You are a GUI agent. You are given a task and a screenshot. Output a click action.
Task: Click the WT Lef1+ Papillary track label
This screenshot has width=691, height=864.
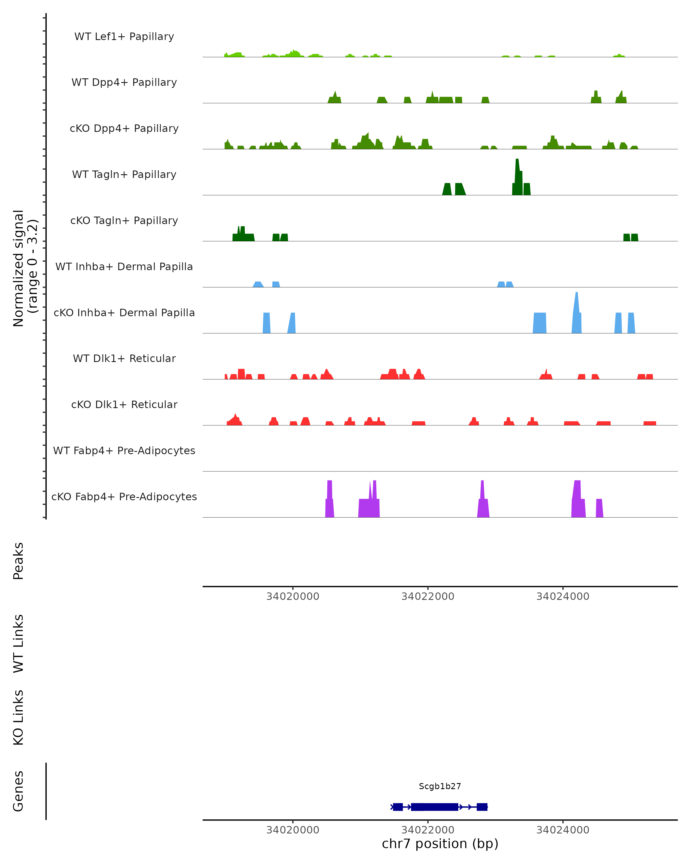(124, 37)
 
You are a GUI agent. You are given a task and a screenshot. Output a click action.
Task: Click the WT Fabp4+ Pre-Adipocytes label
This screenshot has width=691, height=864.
(124, 450)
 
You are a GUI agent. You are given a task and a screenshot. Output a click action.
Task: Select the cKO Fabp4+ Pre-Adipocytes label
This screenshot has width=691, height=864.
(124, 497)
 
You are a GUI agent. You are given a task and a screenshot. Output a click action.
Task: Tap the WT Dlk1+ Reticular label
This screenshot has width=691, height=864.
(124, 358)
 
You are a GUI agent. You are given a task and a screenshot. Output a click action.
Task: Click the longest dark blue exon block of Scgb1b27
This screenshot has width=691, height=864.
(435, 807)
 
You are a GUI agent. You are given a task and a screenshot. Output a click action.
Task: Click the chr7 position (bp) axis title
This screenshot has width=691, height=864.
(440, 844)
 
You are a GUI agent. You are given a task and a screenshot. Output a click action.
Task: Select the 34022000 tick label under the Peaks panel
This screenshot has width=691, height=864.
(428, 596)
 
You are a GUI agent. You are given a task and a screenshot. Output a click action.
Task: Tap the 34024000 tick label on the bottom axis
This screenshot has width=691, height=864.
(563, 830)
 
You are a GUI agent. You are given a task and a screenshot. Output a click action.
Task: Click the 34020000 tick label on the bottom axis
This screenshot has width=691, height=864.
(293, 830)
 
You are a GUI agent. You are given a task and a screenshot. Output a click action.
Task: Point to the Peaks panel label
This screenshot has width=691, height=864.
(18, 561)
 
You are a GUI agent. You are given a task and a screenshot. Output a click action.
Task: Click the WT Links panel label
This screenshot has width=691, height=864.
(18, 643)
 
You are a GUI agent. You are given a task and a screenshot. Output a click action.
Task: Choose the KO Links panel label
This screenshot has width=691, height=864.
(18, 717)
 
